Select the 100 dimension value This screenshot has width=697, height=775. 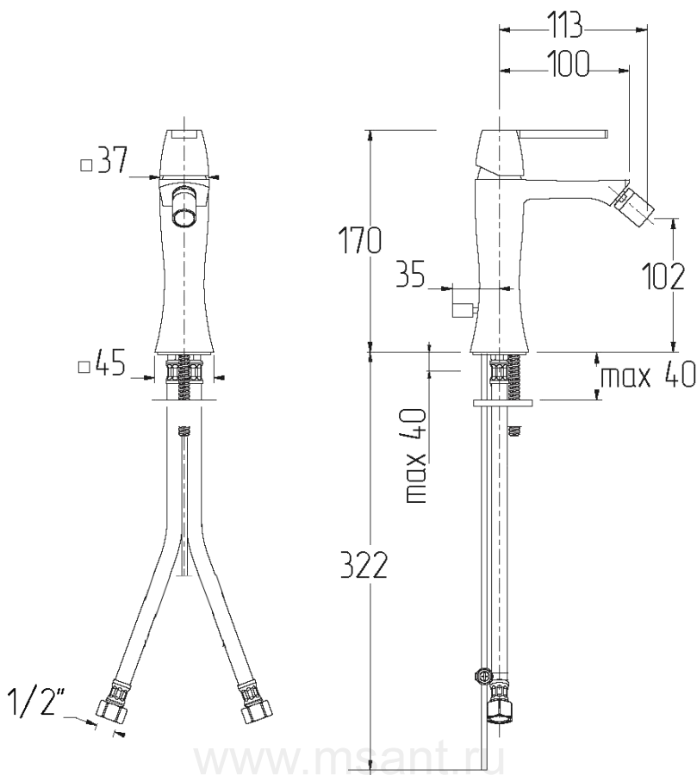coord(569,64)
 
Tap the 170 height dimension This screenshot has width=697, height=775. coord(359,240)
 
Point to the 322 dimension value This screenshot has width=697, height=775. coord(364,565)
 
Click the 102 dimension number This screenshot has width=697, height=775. coord(663,276)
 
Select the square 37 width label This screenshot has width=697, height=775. coord(104,159)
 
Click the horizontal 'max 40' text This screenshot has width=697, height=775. coord(648,375)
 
